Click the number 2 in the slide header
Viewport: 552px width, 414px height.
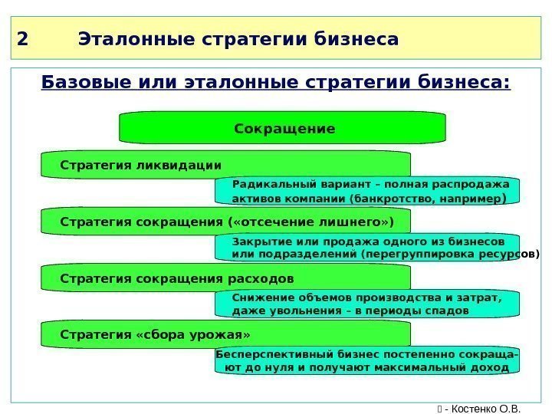click(21, 39)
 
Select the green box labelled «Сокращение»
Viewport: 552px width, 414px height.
click(283, 129)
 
